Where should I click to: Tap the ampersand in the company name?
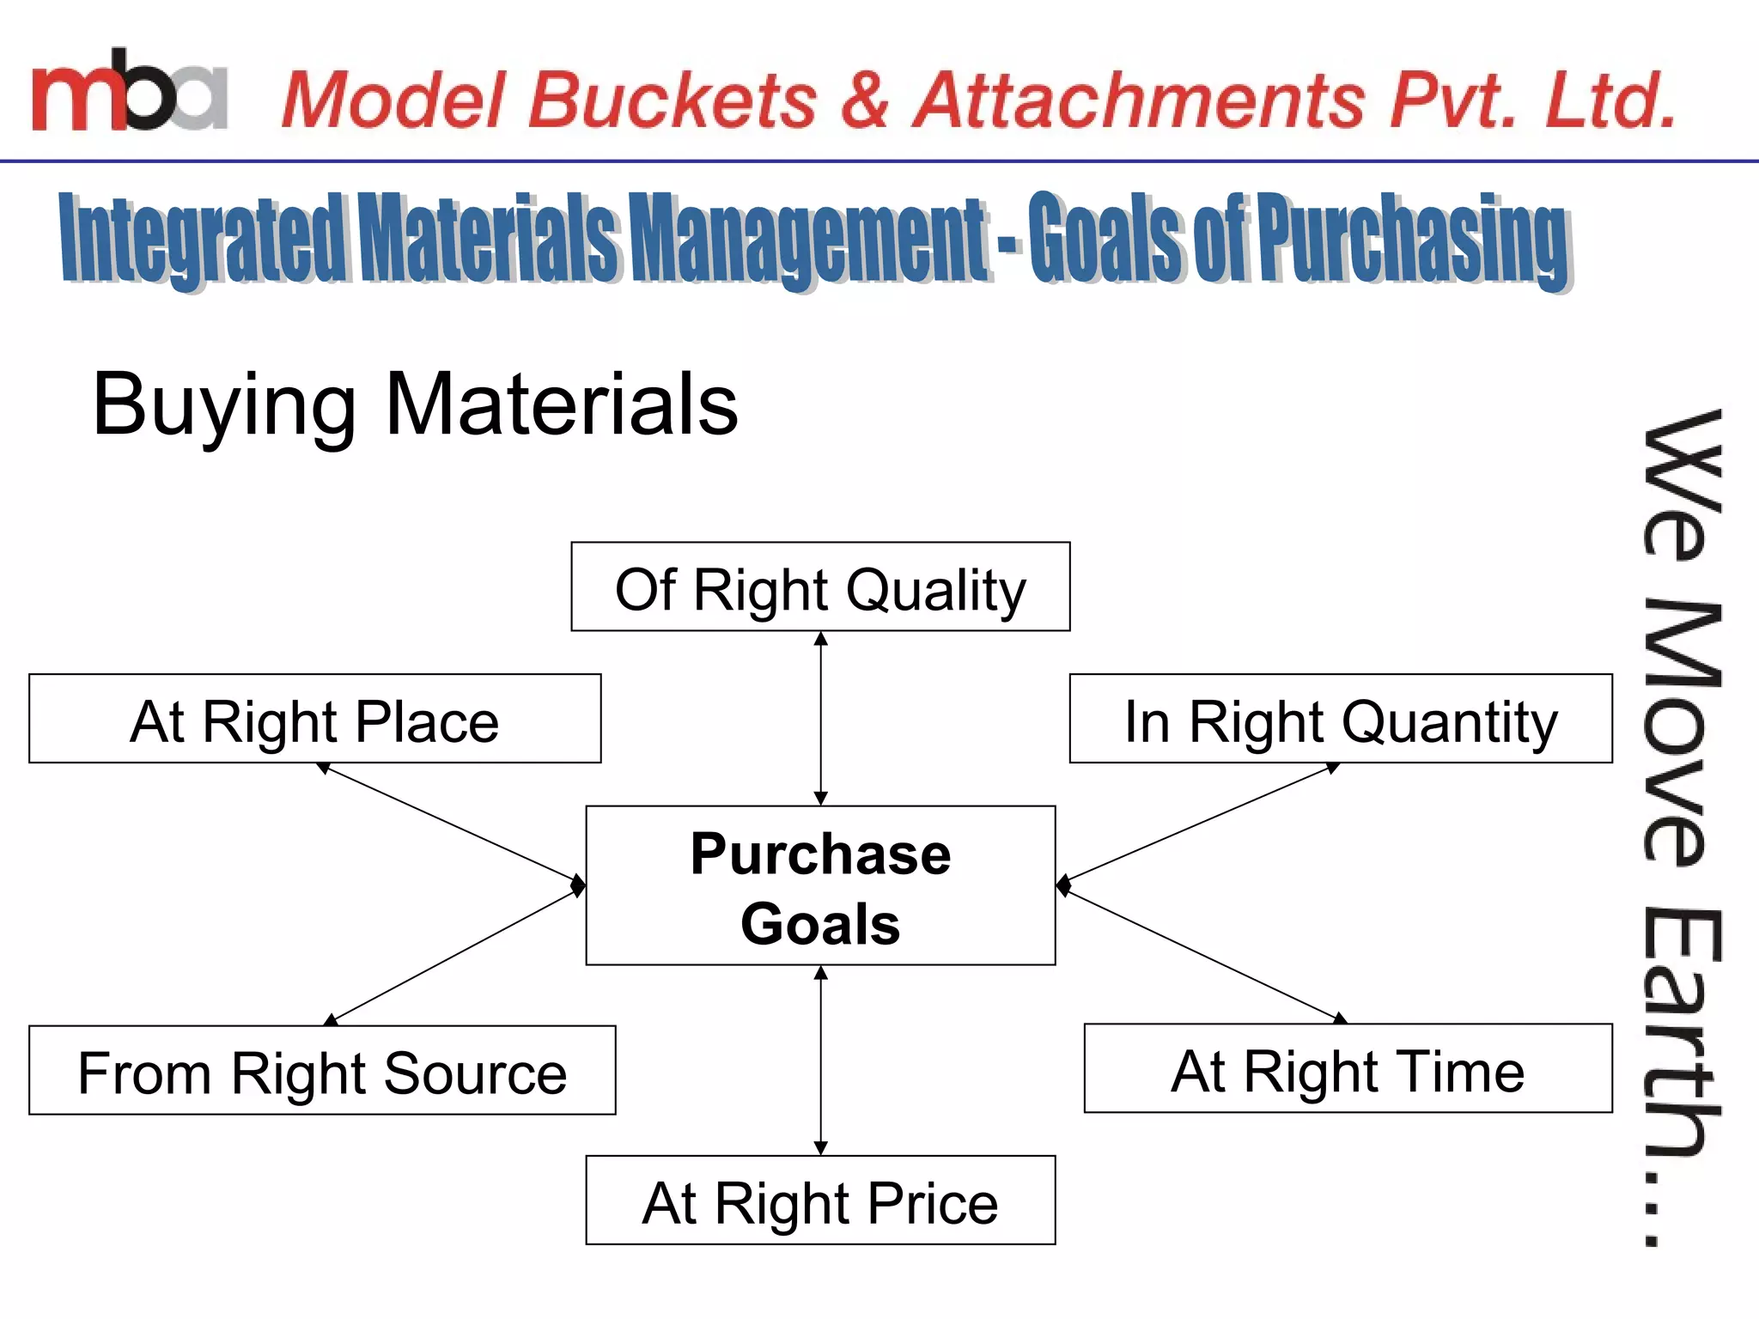[864, 100]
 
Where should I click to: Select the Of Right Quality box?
[820, 587]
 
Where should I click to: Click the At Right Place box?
[314, 719]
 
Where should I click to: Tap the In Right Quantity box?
[1340, 719]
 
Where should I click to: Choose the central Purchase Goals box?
[820, 885]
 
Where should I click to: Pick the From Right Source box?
[322, 1071]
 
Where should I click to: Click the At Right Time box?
[1348, 1069]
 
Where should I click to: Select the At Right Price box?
[820, 1200]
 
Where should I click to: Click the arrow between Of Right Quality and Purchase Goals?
[820, 719]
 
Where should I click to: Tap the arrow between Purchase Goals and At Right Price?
[820, 1061]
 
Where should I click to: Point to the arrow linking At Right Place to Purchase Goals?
[451, 824]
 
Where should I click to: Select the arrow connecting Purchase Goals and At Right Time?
[1202, 954]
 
